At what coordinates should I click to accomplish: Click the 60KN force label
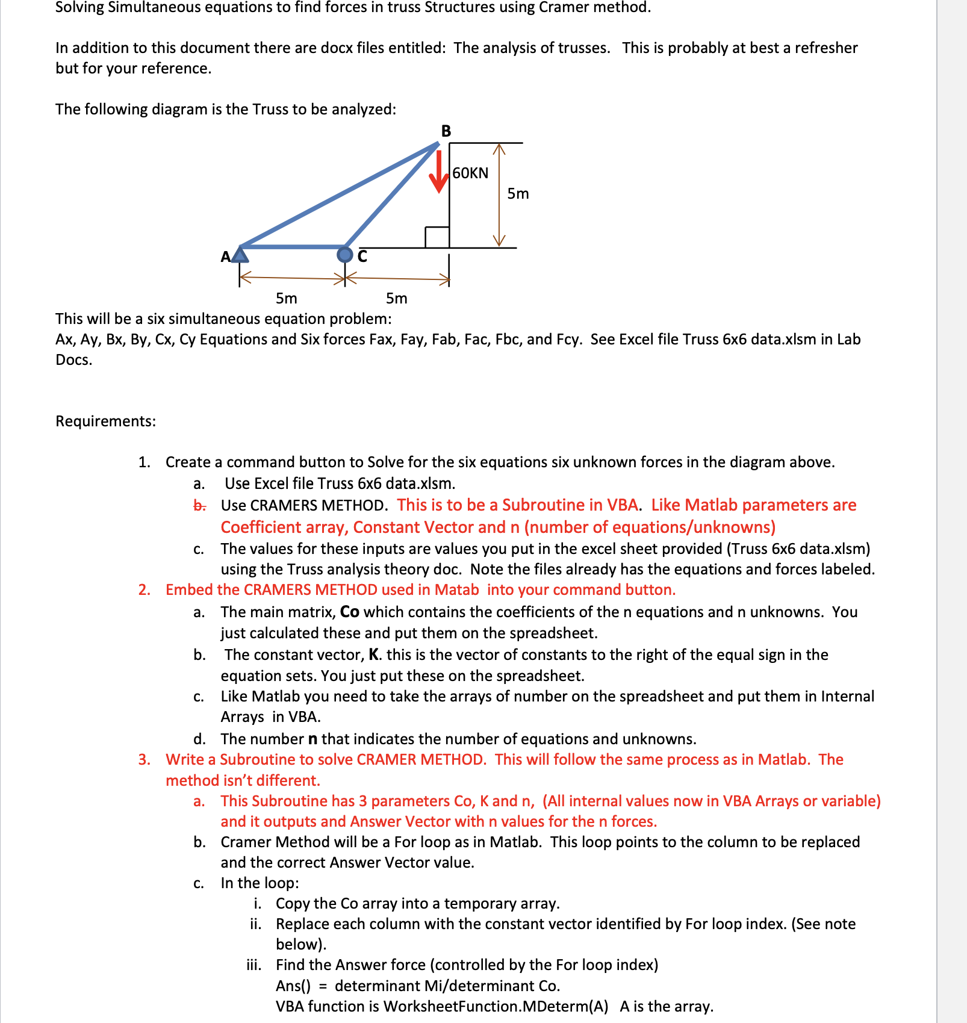[x=470, y=173]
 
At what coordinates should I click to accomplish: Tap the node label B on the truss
[x=446, y=131]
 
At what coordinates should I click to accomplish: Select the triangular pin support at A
[x=240, y=255]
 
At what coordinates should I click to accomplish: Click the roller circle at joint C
[x=344, y=255]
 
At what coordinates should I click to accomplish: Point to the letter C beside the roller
[x=362, y=257]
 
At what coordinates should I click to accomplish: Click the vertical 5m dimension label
[x=518, y=194]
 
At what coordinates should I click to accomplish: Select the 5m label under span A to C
[x=287, y=299]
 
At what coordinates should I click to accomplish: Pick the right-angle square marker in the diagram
[x=437, y=237]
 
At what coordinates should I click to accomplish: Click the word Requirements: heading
[x=105, y=421]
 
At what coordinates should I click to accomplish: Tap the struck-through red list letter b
[x=199, y=506]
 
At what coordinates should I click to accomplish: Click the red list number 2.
[x=144, y=590]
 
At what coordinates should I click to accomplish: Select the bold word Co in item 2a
[x=349, y=612]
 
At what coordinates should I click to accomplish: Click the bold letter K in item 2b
[x=374, y=655]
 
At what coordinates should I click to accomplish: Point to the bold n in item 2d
[x=312, y=739]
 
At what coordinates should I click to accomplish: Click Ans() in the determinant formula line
[x=293, y=986]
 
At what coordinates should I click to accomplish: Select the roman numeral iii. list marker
[x=253, y=965]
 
